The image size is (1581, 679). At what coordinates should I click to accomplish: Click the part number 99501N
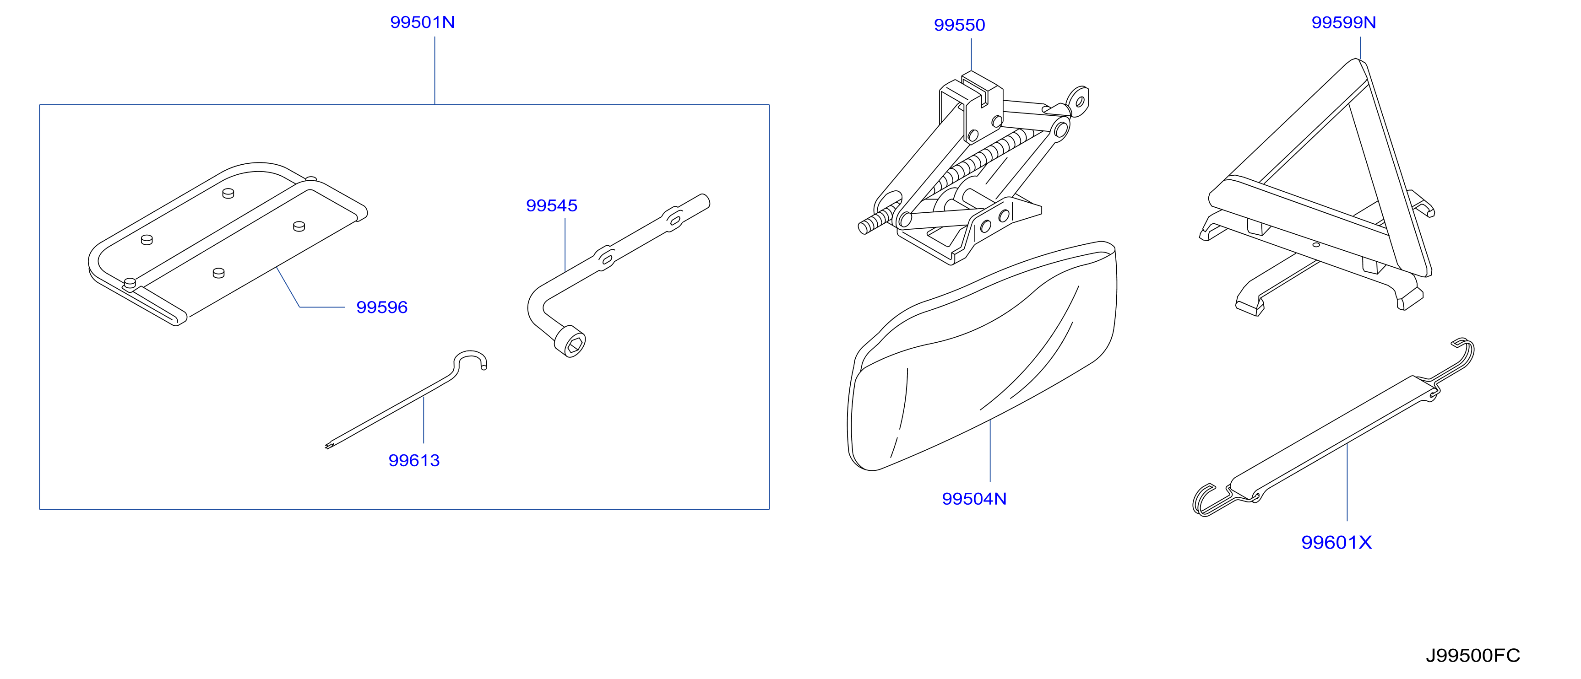422,22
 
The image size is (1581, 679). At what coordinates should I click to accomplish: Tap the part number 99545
552,205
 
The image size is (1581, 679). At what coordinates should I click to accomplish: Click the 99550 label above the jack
959,25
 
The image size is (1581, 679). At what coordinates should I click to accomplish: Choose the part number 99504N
974,499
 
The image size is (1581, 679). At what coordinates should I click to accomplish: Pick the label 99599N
1343,22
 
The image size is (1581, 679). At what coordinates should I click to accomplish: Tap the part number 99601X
1336,542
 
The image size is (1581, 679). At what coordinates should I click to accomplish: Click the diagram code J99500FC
1472,656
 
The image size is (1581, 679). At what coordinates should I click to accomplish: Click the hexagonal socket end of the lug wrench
570,345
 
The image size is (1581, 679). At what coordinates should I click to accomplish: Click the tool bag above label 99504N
982,356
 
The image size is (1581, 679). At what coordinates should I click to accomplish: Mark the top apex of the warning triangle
1356,60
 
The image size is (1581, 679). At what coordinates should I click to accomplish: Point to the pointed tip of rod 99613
327,447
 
